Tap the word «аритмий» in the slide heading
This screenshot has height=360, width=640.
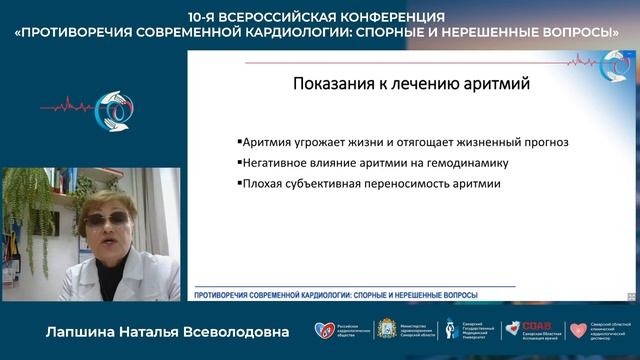(x=495, y=84)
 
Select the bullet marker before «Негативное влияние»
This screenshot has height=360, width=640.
(x=240, y=163)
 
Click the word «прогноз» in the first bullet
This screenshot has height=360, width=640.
(x=545, y=142)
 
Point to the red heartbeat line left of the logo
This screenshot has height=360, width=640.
(x=62, y=104)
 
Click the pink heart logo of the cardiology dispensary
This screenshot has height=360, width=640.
(x=577, y=329)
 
